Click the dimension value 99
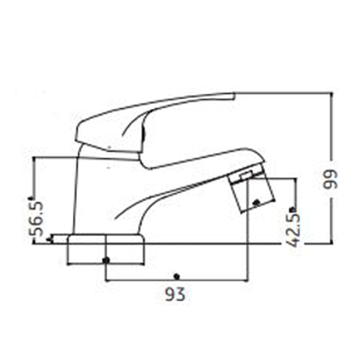(x=330, y=179)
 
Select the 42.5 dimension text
(x=294, y=230)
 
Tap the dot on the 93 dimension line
(x=176, y=276)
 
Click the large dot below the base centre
(x=105, y=260)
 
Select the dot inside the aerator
(x=256, y=203)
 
